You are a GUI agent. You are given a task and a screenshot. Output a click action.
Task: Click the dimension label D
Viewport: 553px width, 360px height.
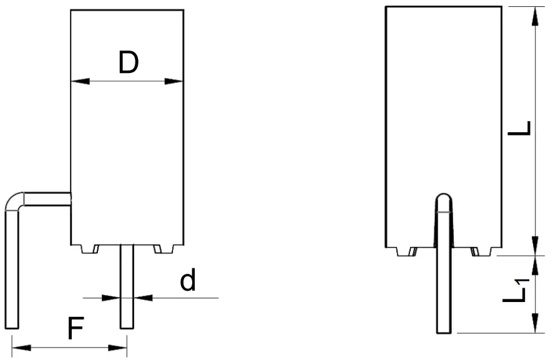click(128, 62)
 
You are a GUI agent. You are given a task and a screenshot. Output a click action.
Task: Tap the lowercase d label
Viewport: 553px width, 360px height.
click(187, 282)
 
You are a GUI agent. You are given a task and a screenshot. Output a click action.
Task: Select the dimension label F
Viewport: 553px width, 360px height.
click(75, 329)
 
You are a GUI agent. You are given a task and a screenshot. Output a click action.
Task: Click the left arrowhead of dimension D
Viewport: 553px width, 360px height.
click(77, 81)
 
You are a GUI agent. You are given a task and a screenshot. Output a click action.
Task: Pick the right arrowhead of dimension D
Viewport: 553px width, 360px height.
click(176, 81)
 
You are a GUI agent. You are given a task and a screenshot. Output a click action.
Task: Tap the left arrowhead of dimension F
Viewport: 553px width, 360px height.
click(19, 348)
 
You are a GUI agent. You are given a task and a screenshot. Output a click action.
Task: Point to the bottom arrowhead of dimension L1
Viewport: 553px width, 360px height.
click(535, 326)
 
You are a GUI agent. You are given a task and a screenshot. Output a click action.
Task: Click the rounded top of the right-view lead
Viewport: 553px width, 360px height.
click(443, 198)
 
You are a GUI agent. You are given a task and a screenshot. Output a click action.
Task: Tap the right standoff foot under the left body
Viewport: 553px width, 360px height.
click(164, 249)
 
